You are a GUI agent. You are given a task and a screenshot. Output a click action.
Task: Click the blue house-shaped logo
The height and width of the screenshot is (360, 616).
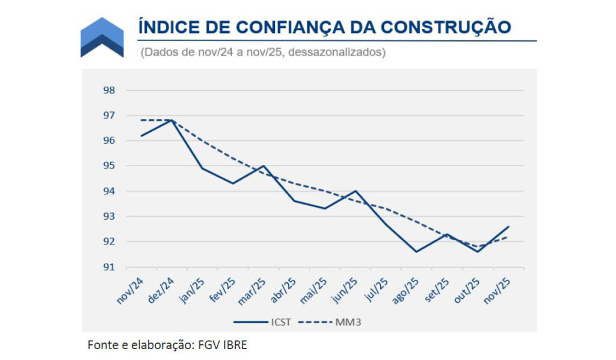[102, 37]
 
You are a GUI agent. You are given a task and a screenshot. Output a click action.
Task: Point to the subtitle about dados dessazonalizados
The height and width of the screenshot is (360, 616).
[263, 52]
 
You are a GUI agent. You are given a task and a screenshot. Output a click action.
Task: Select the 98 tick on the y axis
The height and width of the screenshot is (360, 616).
[108, 90]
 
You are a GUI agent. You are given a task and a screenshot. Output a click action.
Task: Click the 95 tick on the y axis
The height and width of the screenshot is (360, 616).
[108, 166]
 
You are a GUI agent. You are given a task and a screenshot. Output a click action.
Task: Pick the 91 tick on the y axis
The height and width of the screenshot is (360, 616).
[108, 267]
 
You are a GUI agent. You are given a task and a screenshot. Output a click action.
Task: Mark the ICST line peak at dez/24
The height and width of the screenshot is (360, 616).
[172, 120]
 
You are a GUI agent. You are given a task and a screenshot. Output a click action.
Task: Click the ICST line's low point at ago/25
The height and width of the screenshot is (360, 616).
[416, 252]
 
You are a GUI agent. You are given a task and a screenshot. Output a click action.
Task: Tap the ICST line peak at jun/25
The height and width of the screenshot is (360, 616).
[356, 191]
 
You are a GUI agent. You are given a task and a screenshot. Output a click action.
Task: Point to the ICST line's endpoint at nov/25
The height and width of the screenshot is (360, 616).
[508, 226]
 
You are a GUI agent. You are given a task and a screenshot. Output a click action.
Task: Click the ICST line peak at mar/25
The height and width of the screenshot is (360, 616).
[263, 166]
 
